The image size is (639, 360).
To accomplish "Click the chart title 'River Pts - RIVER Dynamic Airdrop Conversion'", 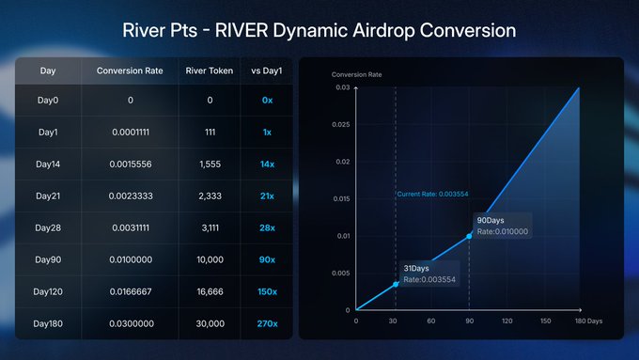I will tap(319, 29).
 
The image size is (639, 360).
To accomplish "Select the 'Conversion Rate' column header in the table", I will tap(131, 70).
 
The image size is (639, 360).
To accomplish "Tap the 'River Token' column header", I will tap(210, 70).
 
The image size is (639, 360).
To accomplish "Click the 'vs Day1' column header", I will tap(266, 70).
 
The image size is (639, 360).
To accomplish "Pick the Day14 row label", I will tap(48, 164).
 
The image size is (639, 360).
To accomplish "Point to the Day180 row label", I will tap(48, 323).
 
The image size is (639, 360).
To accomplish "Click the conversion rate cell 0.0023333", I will tap(131, 196).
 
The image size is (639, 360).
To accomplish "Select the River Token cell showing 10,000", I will tap(210, 259).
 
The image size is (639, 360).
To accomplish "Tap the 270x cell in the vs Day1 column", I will tap(266, 323).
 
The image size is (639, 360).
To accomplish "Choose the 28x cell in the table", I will tap(266, 227).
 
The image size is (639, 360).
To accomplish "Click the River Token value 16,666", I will tap(210, 291).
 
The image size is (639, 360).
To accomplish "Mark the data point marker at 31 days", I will tap(396, 284).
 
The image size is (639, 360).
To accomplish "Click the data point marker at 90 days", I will tap(470, 236).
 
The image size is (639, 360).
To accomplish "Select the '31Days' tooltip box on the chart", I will tap(430, 274).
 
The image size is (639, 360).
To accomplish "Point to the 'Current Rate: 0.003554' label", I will tap(432, 195).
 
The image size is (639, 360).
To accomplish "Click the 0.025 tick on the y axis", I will tap(339, 125).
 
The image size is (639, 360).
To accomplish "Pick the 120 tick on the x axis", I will tap(507, 321).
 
